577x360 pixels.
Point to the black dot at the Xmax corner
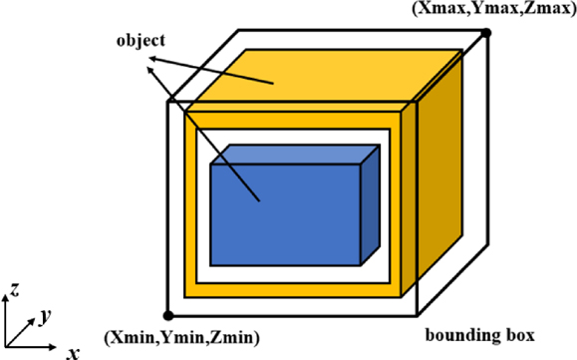click(486, 33)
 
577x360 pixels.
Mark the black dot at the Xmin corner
click(167, 315)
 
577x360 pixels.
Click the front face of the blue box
click(284, 213)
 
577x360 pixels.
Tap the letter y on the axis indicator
click(45, 315)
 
